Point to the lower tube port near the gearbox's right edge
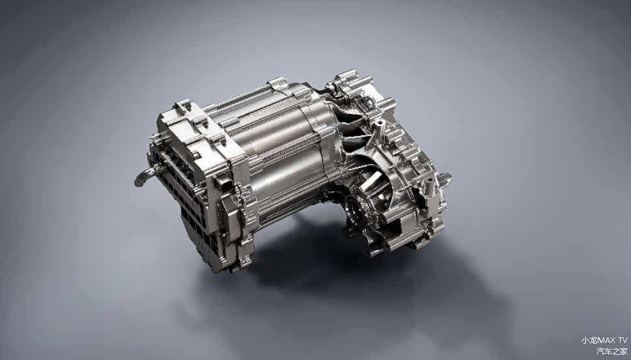tap(429, 188)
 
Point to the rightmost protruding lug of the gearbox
tap(445, 177)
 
